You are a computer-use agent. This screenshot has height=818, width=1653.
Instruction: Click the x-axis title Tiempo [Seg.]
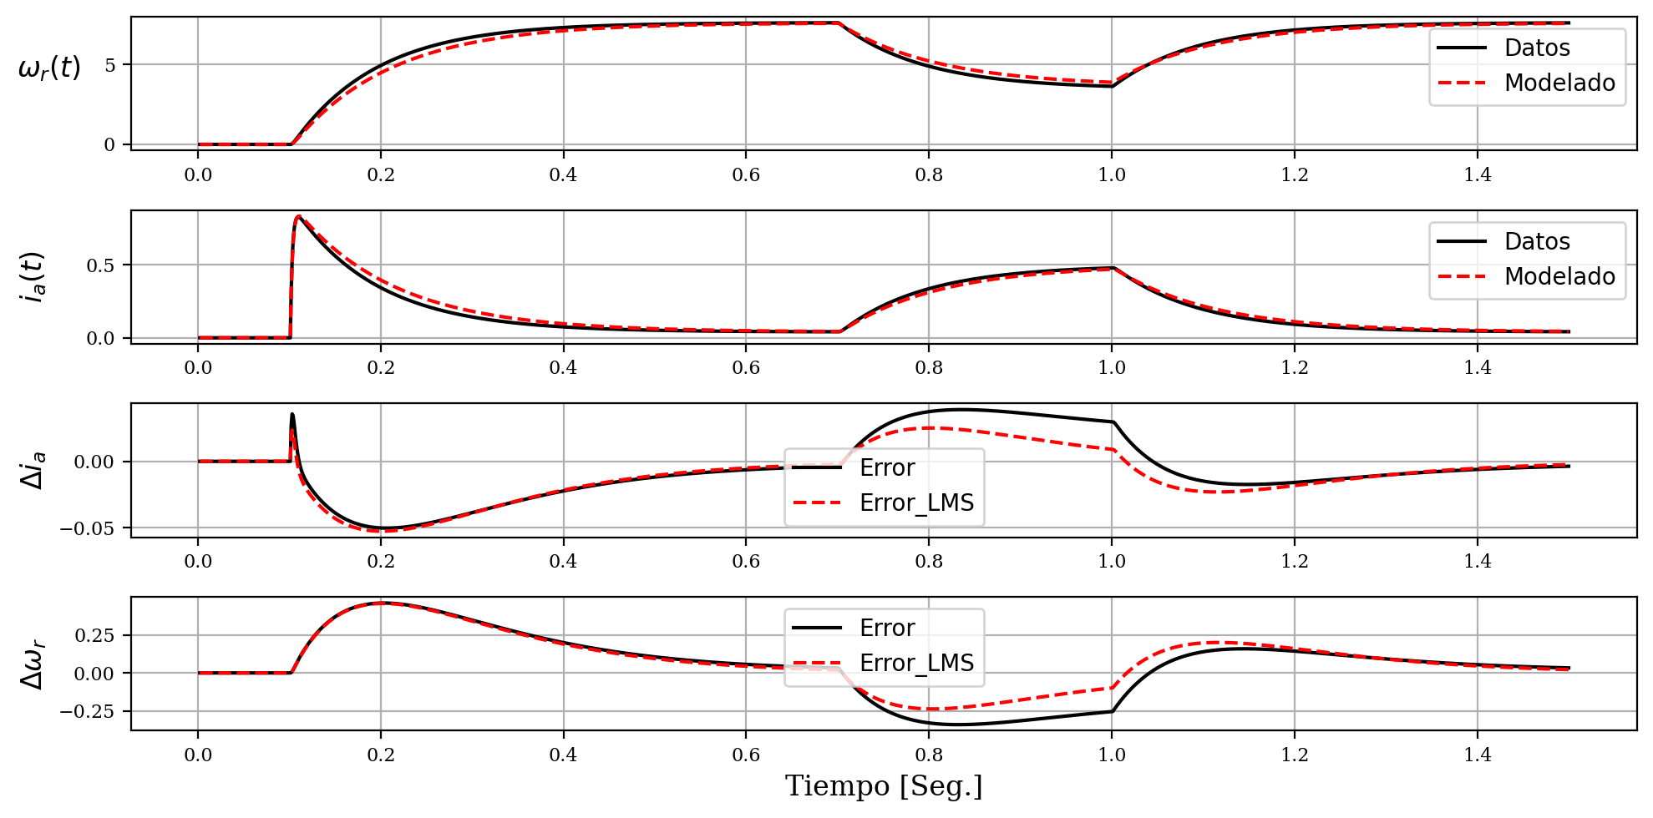tap(884, 786)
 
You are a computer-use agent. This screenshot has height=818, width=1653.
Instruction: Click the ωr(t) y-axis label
tap(49, 67)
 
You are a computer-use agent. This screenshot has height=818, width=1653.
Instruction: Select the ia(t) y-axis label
tap(34, 276)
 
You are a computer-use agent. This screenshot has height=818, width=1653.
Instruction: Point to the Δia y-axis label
tap(34, 470)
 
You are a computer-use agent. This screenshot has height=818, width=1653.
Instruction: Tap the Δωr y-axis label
tap(34, 664)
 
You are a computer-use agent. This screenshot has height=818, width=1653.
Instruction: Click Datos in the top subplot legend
tap(1537, 48)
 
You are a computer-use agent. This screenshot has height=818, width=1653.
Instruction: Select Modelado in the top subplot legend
tap(1559, 83)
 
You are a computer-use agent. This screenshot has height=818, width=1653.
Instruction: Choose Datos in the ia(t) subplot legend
tap(1537, 242)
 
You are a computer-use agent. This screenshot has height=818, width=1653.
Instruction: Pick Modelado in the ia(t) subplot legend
tap(1559, 277)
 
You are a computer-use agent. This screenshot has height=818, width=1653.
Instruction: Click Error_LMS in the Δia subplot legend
tap(916, 503)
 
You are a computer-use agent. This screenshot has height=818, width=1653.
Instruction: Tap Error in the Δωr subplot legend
tap(887, 628)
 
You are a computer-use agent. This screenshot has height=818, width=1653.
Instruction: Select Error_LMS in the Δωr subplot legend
tap(916, 664)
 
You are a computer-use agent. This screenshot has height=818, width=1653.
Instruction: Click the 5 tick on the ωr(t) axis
tap(110, 65)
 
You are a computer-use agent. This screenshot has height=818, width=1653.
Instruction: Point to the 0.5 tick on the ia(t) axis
tap(101, 265)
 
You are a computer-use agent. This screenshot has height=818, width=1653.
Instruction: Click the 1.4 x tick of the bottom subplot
tap(1478, 755)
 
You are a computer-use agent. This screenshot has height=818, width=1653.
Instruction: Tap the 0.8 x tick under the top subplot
tap(929, 174)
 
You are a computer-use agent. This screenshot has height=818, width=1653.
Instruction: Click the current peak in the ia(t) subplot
tap(298, 217)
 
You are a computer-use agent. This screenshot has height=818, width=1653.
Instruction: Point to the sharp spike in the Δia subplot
tap(292, 414)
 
